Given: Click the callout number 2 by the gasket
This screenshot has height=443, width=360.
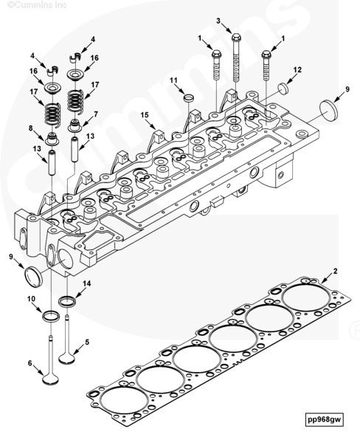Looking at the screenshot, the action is (x=335, y=271).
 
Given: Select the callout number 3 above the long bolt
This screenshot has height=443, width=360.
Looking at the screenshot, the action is (x=218, y=21).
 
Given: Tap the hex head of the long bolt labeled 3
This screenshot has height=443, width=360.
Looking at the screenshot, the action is (x=236, y=37).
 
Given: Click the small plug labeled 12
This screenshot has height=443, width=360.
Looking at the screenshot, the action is (x=283, y=88).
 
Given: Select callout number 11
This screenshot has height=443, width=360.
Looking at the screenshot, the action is (x=173, y=80).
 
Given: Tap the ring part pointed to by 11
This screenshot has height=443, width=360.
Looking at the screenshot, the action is (x=189, y=98).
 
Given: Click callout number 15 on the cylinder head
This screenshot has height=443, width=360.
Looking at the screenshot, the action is (x=145, y=114).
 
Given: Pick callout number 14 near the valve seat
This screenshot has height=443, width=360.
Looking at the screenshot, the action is (x=87, y=284).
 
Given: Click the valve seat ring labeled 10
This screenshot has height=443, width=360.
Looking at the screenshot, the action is (x=51, y=316).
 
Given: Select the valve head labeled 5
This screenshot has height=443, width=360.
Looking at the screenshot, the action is (x=66, y=358).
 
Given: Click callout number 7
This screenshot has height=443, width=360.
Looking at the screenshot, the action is (x=96, y=114).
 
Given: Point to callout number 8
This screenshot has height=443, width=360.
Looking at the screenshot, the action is (x=31, y=128).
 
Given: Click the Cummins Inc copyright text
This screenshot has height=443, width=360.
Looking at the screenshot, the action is (x=37, y=5).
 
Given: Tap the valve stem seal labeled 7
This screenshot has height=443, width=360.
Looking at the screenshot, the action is (x=75, y=126).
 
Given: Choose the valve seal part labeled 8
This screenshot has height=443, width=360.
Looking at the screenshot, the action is (x=52, y=139).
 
